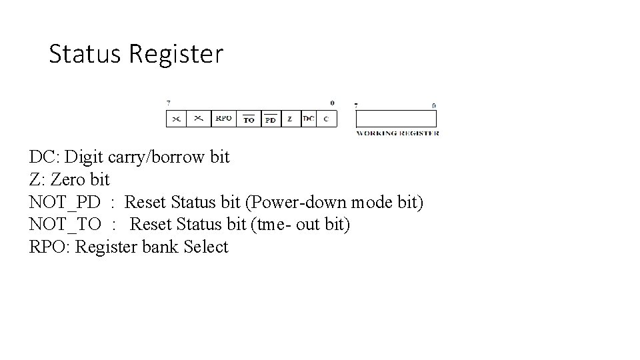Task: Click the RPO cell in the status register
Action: coord(223,119)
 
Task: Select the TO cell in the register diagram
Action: coord(248,119)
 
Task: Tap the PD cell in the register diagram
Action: coord(270,119)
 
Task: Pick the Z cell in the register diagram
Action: coord(290,119)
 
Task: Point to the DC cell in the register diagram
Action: coord(308,119)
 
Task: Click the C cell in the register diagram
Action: coord(326,119)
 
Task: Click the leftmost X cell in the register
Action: coord(176,119)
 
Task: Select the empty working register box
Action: coord(396,119)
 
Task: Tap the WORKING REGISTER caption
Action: coord(397,133)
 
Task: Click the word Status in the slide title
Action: coord(85,54)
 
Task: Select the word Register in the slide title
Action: coord(176,54)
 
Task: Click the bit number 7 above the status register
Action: coord(168,103)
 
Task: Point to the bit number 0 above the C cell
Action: coord(332,103)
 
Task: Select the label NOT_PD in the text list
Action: coord(65,201)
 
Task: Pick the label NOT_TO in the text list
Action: coord(65,224)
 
